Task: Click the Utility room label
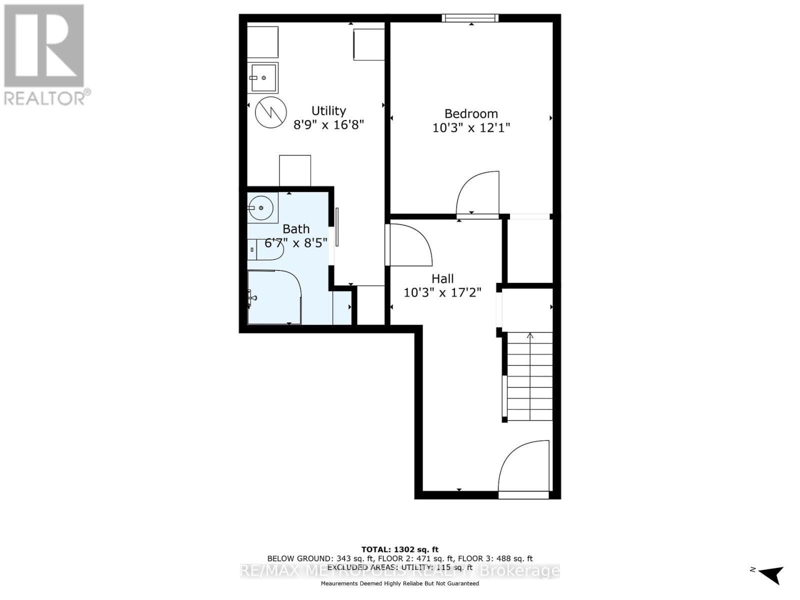coord(328,110)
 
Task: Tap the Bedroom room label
coord(471,113)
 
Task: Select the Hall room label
coord(442,278)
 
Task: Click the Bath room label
coord(296,229)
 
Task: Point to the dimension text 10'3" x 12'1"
coord(471,128)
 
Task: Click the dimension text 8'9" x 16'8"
coord(328,124)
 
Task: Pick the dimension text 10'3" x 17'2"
coord(442,292)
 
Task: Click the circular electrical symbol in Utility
coord(271,112)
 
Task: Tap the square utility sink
coord(263,78)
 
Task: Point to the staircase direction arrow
coord(530,336)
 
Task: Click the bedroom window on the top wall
coord(470,18)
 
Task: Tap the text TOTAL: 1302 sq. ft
coord(400,549)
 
